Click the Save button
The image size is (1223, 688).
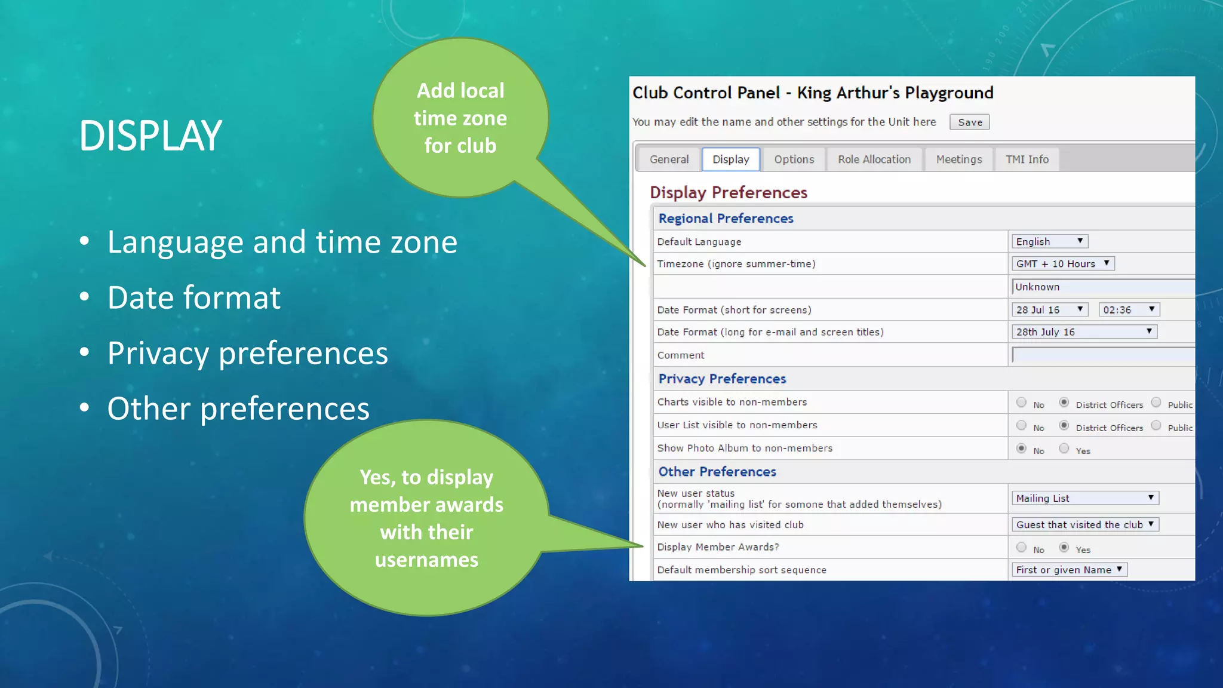(969, 122)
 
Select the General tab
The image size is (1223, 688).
(669, 159)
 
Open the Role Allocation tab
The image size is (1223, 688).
(874, 159)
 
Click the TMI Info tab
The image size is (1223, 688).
(1027, 159)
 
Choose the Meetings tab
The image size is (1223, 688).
(958, 159)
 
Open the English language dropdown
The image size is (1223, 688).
(1049, 241)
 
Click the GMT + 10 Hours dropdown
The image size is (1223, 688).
(1062, 263)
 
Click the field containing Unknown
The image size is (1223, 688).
(1102, 287)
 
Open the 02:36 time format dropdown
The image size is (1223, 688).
(1128, 309)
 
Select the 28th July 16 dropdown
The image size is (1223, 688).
(1083, 331)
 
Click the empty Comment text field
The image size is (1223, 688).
(1102, 355)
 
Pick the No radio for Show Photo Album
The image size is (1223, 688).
(1021, 449)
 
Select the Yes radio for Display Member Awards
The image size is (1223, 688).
(1064, 547)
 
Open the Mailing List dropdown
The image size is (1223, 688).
(1084, 498)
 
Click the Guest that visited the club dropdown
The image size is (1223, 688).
(1084, 524)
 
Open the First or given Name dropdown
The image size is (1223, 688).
(1069, 570)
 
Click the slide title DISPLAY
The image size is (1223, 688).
(150, 136)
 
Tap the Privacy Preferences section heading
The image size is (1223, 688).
(721, 379)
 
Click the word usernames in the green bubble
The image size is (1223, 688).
(426, 560)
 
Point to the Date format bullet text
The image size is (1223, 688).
(193, 297)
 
